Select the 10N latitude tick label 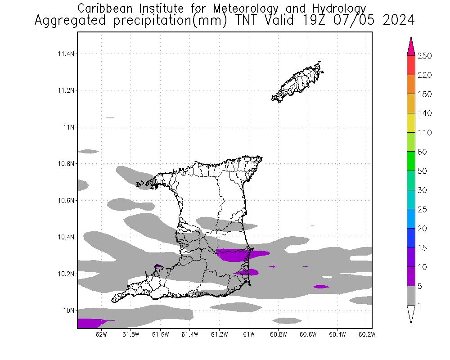[68, 310]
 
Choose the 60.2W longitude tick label [367, 334]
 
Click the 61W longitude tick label [249, 334]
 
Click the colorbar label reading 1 [422, 306]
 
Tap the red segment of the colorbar [411, 65]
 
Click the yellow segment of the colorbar [411, 123]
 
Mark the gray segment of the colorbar [411, 296]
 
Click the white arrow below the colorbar [411, 314]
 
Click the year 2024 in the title [399, 21]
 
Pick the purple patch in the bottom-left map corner [90, 323]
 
